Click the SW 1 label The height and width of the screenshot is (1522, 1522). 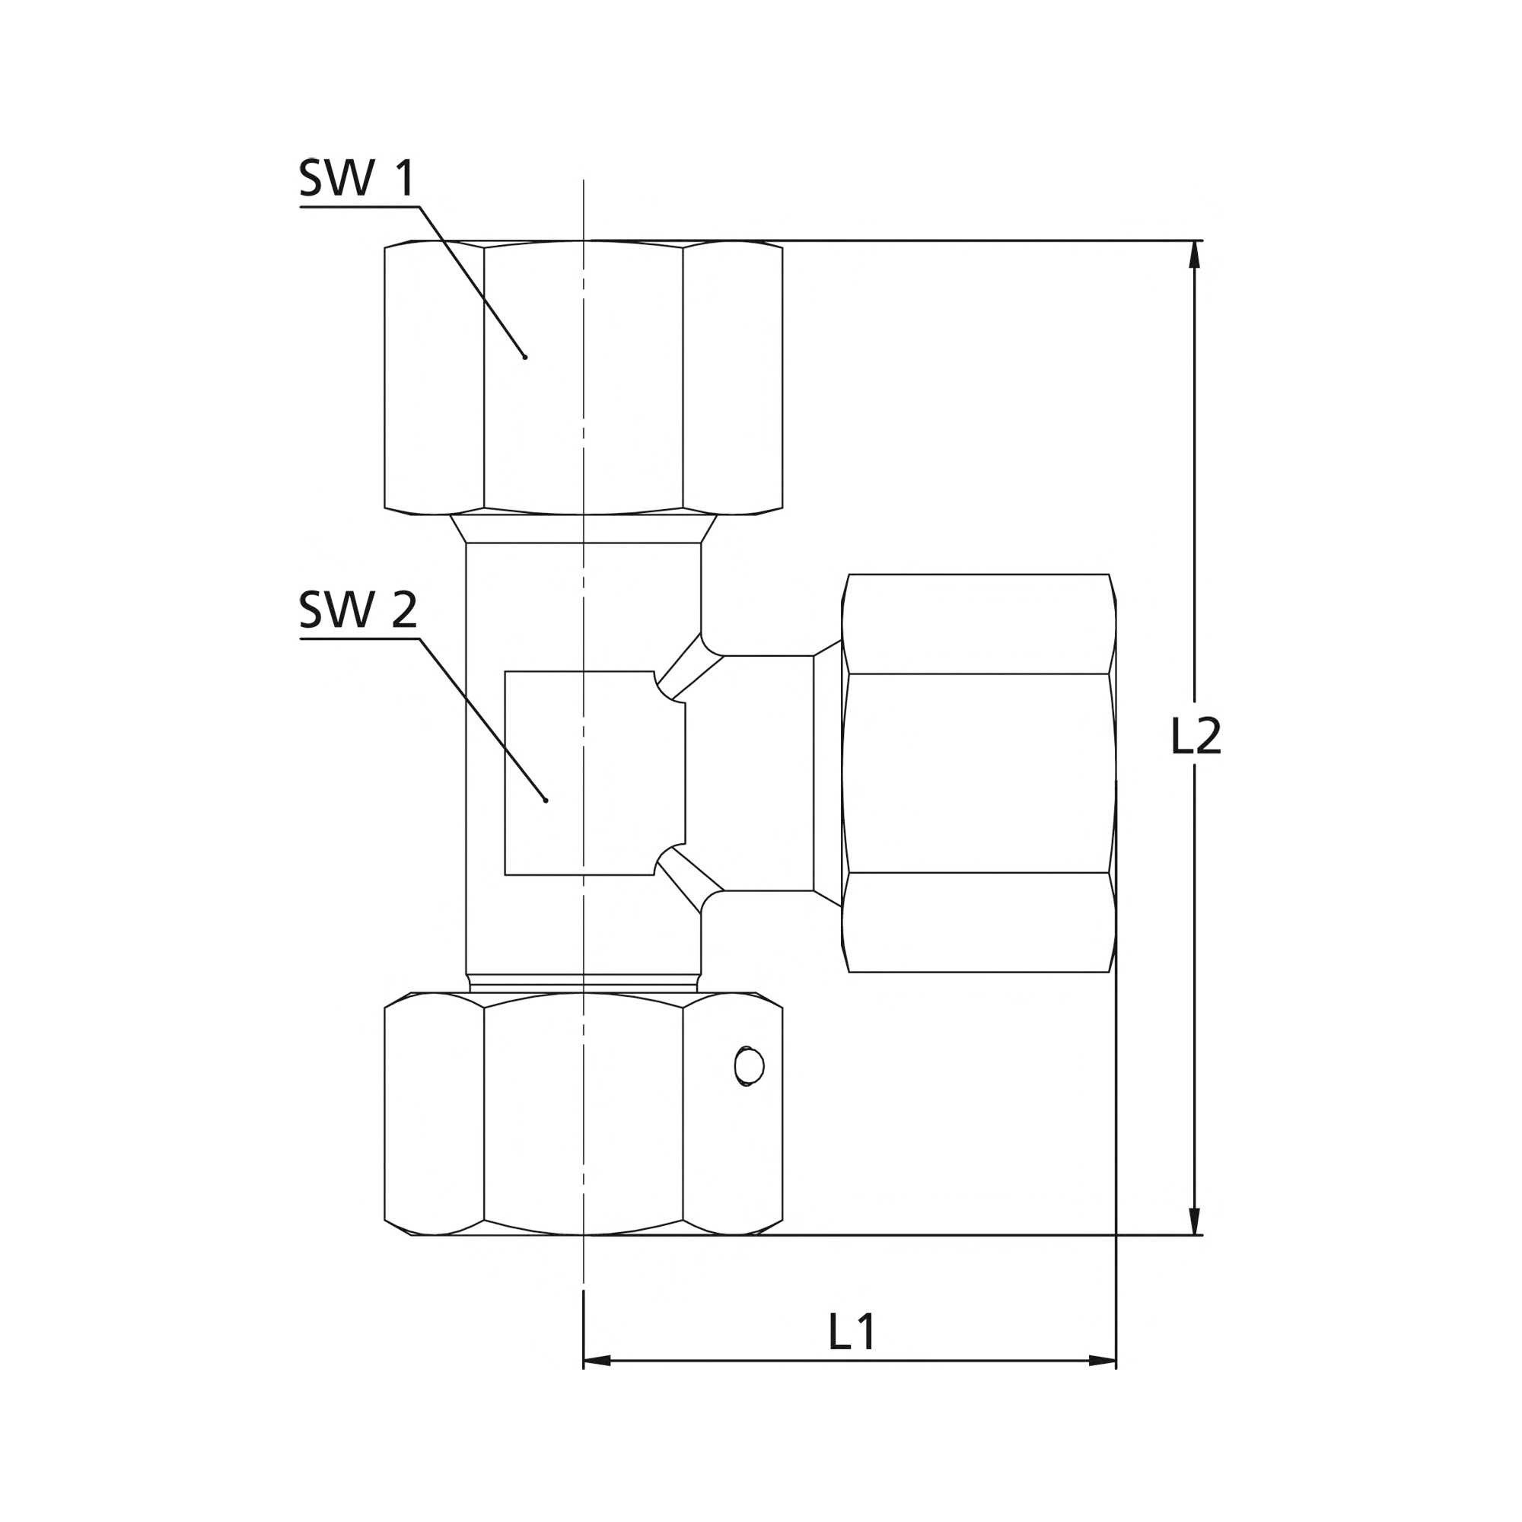357,178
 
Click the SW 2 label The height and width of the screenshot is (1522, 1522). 358,609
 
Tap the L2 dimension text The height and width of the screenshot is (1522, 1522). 1196,736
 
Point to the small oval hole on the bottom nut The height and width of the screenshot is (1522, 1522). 748,1068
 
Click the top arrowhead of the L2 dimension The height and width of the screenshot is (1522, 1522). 1195,254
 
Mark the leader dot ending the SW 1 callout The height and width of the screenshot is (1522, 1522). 524,358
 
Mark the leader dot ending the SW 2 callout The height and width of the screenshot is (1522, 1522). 545,801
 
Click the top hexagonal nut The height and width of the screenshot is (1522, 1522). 583,377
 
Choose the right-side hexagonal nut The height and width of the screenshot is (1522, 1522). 979,773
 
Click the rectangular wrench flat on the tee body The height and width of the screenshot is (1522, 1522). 595,773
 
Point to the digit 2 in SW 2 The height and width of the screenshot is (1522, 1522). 404,609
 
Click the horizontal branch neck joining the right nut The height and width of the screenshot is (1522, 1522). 768,773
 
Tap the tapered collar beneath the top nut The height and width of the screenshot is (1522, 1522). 583,529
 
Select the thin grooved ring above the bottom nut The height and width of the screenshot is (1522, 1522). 583,983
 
